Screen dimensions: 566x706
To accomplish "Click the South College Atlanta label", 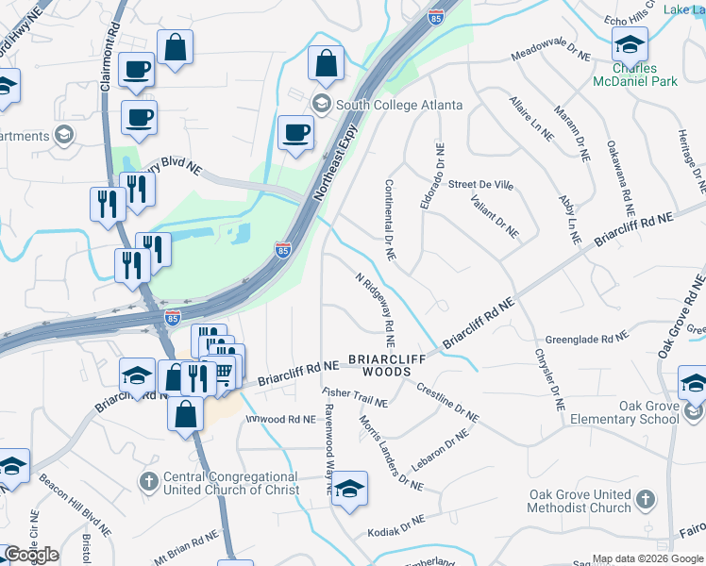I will [399, 104].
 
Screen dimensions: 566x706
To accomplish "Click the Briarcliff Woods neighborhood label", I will [379, 366].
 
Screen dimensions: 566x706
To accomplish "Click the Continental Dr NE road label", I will [388, 219].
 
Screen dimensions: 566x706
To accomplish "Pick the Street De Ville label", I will [480, 185].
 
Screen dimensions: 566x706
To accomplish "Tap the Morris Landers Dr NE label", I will [390, 454].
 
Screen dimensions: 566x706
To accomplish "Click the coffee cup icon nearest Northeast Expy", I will [295, 132].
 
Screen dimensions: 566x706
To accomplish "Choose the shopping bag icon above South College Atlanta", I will [326, 64].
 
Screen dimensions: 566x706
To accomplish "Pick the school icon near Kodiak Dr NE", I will [349, 490].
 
